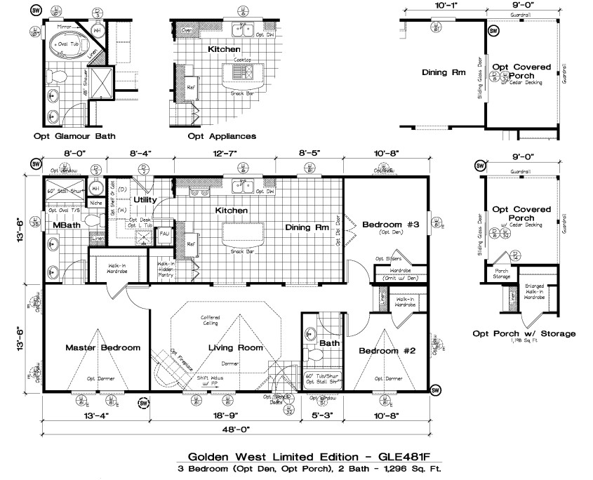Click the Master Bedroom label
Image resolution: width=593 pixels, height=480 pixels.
102,347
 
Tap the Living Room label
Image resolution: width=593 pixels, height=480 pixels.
236,347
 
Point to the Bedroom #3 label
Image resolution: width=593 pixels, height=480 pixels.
390,225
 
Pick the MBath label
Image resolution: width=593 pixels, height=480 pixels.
65,225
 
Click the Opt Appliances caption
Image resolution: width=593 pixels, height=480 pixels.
221,136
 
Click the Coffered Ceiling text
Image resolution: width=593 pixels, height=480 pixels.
211,321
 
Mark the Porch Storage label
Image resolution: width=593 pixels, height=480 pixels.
502,274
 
